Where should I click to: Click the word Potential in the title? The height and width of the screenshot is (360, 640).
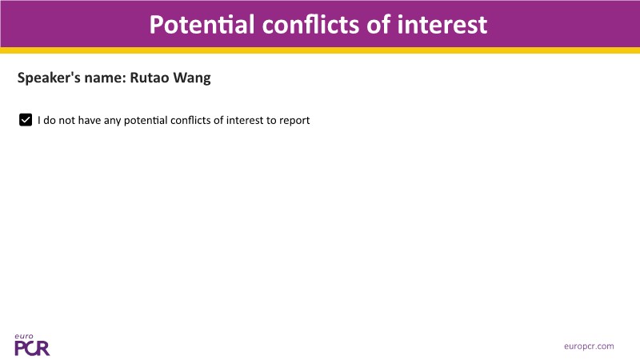tap(202, 25)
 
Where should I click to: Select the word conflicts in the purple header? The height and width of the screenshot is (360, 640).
tap(311, 25)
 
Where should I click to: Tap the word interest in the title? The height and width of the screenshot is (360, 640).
tap(442, 25)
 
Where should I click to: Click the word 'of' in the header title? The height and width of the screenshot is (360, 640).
tap(378, 25)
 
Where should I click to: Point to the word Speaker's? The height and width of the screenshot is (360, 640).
tap(49, 78)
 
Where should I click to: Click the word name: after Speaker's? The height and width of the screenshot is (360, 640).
tap(106, 78)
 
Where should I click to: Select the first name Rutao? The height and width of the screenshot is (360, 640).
tap(149, 78)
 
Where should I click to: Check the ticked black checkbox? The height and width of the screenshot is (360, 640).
tap(26, 120)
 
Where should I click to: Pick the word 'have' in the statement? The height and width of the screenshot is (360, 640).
tap(90, 121)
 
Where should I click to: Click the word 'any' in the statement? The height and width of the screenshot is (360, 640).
tap(112, 122)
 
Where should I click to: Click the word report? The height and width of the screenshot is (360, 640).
tap(294, 122)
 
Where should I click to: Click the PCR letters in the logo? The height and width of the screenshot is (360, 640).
tap(32, 348)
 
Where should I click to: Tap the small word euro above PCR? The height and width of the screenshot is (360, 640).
tap(24, 337)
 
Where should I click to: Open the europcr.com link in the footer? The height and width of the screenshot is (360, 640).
tap(589, 346)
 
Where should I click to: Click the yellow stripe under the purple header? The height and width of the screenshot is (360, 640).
tap(320, 50)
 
